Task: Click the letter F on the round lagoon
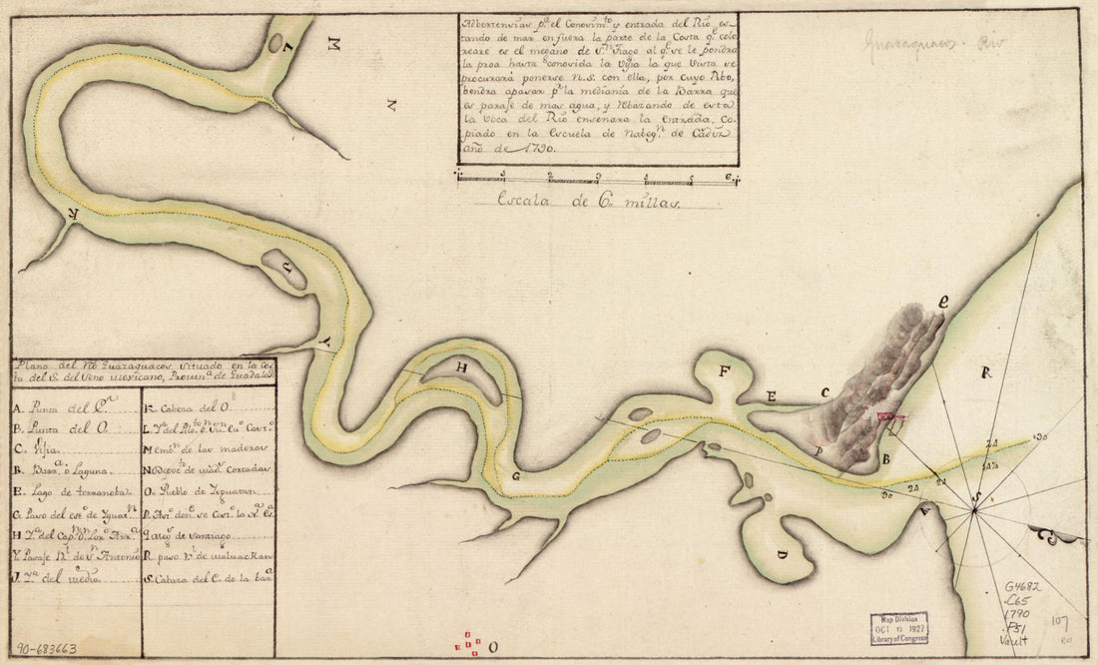coord(725,371)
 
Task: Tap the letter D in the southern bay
coord(782,552)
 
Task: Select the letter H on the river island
coord(461,367)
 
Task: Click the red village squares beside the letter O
coord(468,646)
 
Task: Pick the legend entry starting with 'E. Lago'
coord(67,489)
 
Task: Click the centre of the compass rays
coord(973,509)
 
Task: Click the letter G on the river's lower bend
coord(516,476)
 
